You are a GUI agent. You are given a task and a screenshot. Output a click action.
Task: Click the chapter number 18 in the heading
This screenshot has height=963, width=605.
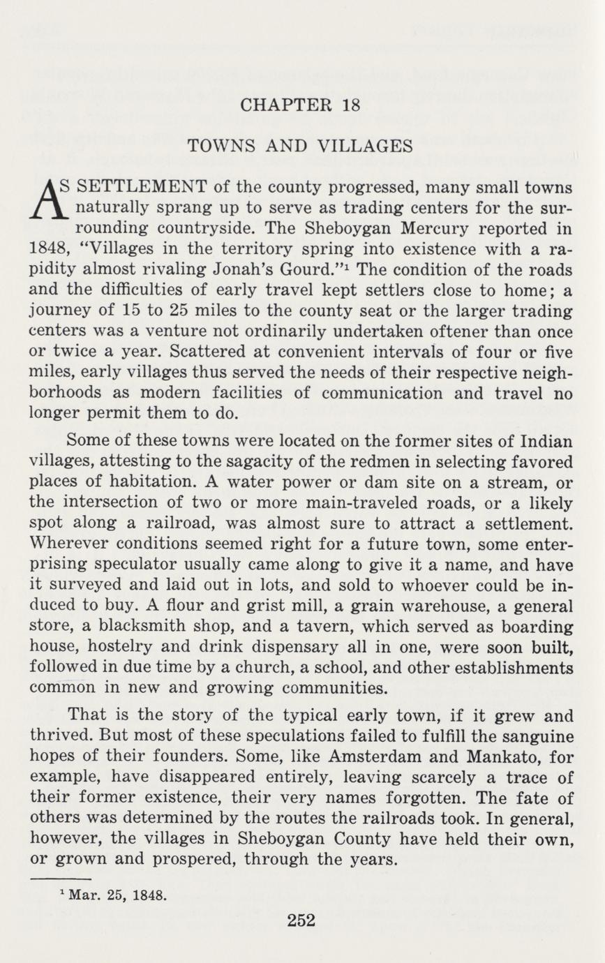click(351, 105)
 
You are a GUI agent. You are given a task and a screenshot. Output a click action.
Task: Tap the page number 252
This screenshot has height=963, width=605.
click(301, 920)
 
